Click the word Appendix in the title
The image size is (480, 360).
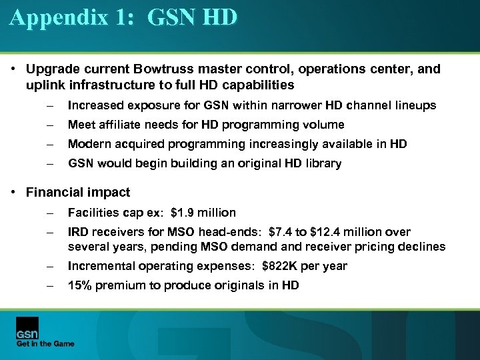pos(58,17)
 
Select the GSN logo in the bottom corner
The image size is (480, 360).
pos(27,327)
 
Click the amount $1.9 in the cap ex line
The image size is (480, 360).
pos(183,213)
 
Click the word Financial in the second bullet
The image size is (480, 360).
pos(55,193)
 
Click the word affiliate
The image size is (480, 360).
pos(123,125)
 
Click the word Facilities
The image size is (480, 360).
pos(93,213)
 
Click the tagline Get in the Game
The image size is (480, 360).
pos(45,343)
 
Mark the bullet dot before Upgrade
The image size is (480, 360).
pos(14,69)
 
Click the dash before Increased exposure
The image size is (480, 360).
pos(49,105)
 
